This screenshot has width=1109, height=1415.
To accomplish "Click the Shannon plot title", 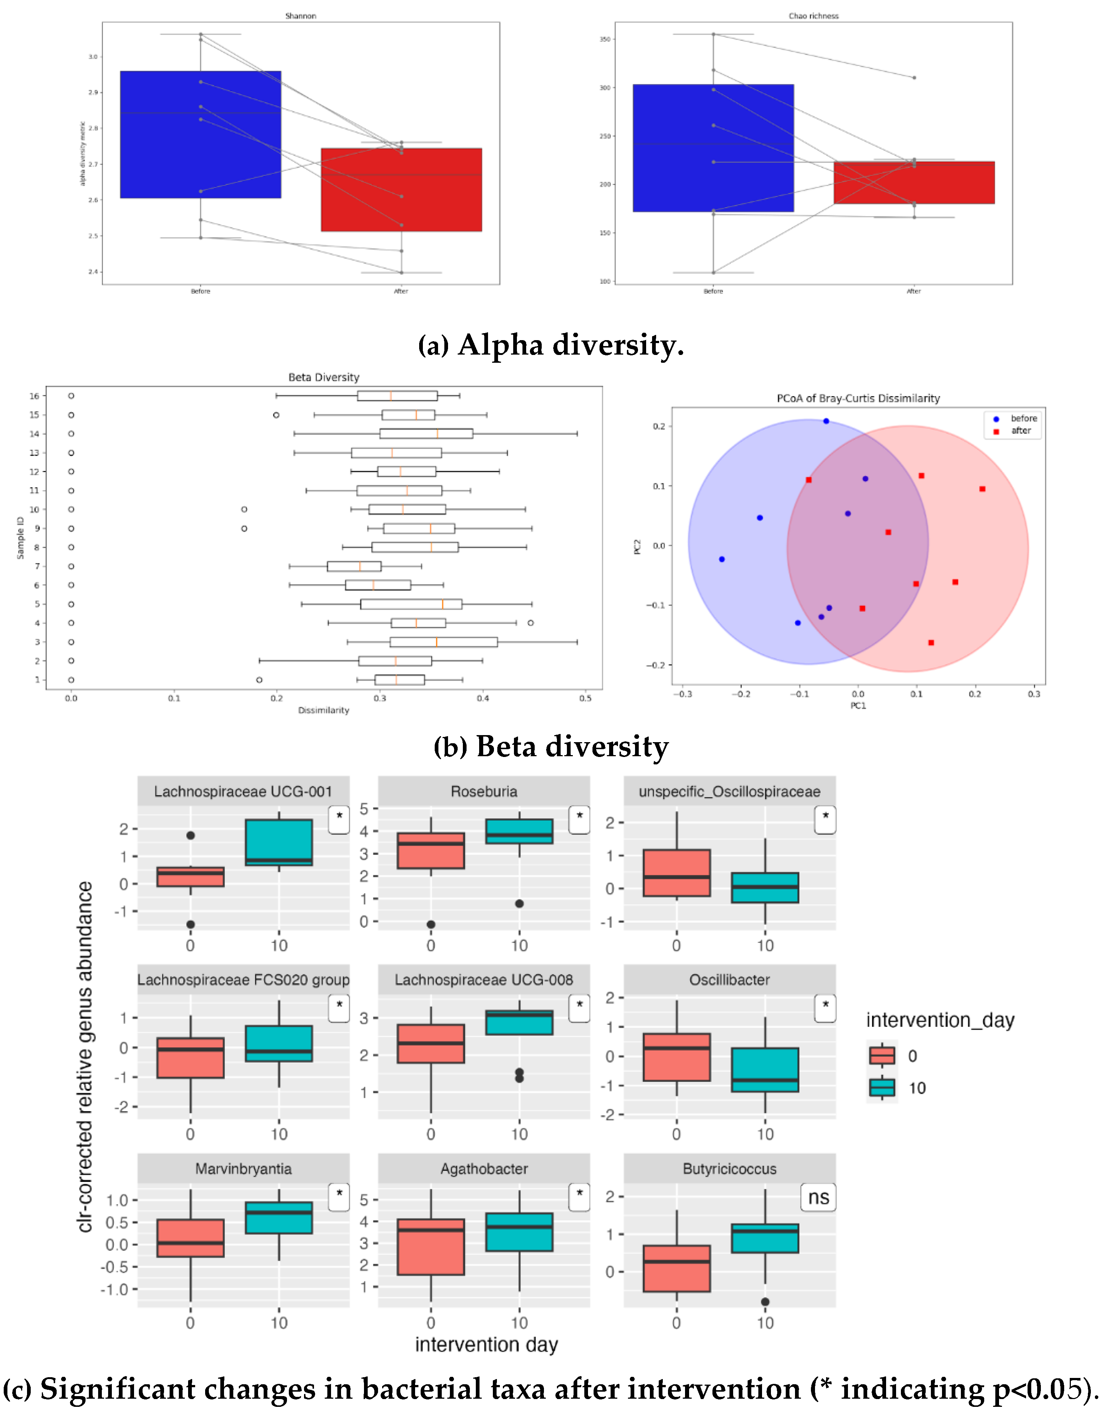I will click(301, 16).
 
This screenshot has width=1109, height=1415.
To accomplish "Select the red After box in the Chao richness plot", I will click(913, 183).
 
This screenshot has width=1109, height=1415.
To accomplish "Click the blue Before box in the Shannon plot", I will click(201, 134).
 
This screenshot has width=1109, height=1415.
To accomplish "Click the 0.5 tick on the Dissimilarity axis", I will click(585, 698).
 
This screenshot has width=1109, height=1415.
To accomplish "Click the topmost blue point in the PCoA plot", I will click(826, 421).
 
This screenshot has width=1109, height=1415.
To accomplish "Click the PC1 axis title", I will click(858, 705).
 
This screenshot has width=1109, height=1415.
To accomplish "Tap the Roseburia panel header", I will click(484, 791).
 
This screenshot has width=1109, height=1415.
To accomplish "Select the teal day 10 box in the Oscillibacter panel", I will click(765, 1069).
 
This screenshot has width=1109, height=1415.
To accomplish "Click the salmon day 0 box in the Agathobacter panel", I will click(431, 1247).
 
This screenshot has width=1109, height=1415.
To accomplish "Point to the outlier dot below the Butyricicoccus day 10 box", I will click(765, 1302).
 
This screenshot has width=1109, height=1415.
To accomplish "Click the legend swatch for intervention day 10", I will click(882, 1087).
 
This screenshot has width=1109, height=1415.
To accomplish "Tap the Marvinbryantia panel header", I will click(244, 1169).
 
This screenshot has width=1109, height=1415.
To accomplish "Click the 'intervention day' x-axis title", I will click(486, 1344).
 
